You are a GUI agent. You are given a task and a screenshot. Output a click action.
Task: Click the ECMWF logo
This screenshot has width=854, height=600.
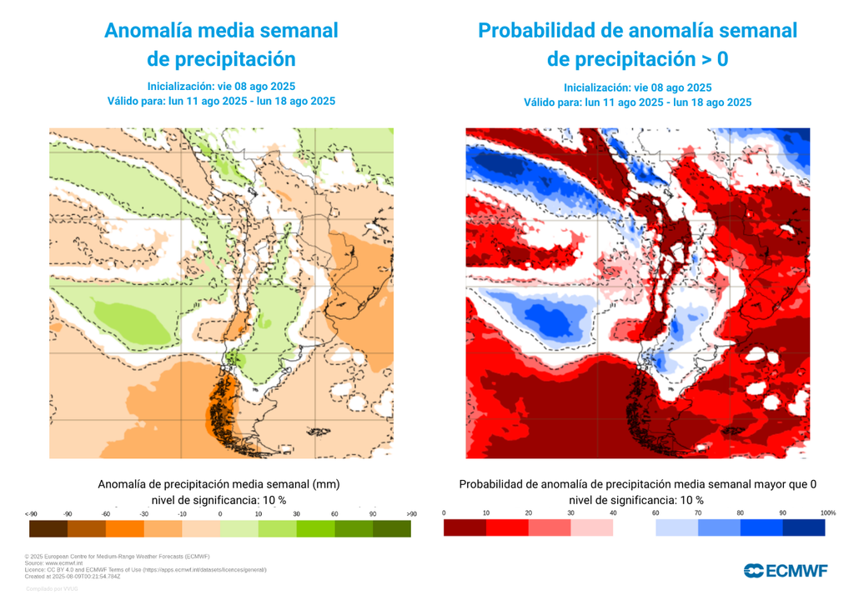[x=786, y=570]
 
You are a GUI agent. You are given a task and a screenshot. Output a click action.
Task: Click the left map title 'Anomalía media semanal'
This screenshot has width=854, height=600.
[x=221, y=31]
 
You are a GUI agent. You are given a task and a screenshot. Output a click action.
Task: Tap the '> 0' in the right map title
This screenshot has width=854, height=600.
[x=711, y=60]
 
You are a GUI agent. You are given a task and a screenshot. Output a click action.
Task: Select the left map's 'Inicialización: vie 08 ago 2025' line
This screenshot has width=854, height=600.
[x=221, y=87]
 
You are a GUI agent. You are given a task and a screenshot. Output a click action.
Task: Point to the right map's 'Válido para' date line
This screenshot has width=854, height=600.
[x=637, y=102]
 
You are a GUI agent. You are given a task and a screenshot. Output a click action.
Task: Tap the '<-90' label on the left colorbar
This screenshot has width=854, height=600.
[x=31, y=514]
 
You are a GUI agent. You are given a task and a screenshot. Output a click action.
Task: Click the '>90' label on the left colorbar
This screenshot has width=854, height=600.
[x=410, y=514]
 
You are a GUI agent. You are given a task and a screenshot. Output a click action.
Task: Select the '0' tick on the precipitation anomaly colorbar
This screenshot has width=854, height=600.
[x=220, y=514]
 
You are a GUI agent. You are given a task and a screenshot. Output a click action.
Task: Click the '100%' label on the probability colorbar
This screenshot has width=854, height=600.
[x=827, y=512]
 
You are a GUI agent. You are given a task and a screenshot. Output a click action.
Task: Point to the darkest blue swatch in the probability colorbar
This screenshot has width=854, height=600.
[x=804, y=527]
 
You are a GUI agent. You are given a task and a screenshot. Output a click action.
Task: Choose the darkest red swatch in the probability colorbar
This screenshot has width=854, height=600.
[x=465, y=527]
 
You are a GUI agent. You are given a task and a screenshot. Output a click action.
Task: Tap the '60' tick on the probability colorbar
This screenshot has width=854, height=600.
[x=656, y=512]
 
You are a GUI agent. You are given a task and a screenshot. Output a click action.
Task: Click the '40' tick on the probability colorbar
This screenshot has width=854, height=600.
[x=613, y=512]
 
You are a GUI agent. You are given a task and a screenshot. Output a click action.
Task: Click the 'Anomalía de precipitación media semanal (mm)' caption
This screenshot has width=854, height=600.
[x=219, y=484]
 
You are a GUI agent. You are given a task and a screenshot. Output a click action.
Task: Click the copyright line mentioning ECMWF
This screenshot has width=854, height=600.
[x=117, y=556]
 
